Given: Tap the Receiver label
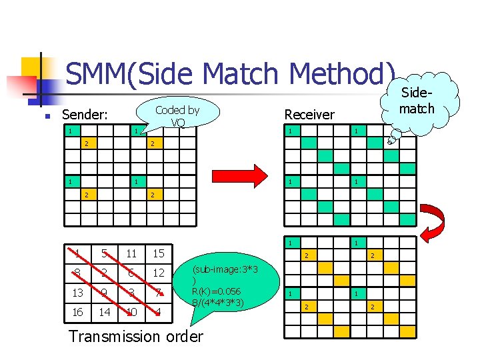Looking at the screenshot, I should [309, 114].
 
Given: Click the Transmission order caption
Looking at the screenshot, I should [136, 336].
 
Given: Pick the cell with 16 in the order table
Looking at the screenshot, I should [77, 311].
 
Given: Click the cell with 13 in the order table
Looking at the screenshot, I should [77, 292].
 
